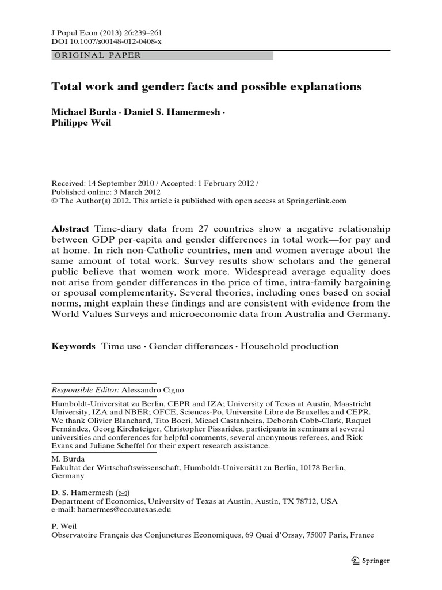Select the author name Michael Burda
tap(83, 112)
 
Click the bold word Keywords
tap(73, 346)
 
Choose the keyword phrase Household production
tap(289, 346)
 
